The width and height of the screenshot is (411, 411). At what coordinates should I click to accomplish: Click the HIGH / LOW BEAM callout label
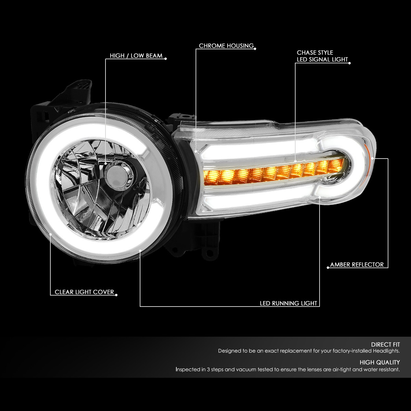coord(136,56)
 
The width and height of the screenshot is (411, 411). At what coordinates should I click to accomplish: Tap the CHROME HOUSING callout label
coord(226,46)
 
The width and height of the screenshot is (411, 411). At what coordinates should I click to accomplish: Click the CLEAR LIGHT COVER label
coord(84,292)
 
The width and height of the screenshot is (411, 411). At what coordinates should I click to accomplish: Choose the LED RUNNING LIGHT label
coord(288,303)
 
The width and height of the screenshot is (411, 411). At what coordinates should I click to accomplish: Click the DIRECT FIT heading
coord(385,345)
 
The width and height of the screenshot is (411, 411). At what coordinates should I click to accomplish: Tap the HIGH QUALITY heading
coord(379,362)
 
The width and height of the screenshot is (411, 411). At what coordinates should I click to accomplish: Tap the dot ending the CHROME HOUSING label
coord(255,48)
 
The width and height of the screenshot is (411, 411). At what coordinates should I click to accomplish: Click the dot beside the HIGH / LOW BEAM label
coord(166,59)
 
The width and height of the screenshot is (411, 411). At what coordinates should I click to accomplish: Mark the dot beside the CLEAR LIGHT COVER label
coord(116,295)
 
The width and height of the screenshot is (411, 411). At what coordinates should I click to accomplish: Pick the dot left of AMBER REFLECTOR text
coord(328,267)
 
